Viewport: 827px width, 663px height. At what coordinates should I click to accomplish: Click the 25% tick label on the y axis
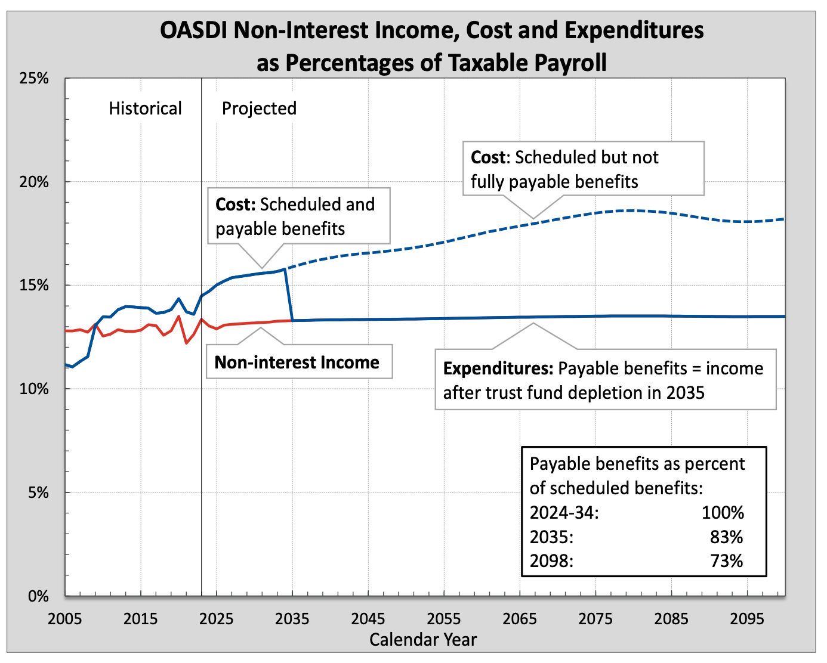pos(34,78)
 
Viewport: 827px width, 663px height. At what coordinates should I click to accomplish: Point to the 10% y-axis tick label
pos(34,389)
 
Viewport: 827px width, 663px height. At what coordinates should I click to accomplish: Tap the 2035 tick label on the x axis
pos(292,618)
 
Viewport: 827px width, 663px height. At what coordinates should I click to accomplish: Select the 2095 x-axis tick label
pos(747,618)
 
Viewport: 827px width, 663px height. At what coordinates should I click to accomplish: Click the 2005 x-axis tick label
pos(64,618)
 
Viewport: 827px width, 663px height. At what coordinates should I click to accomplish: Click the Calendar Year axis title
pos(423,640)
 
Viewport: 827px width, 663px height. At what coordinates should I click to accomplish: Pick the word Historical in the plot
pos(145,109)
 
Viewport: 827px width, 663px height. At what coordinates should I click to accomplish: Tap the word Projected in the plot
pos(259,109)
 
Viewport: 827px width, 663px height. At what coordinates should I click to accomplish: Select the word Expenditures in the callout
pos(498,368)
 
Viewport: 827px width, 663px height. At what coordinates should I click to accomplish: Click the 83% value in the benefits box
pos(726,537)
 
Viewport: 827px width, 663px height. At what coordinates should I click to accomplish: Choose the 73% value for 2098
pos(726,561)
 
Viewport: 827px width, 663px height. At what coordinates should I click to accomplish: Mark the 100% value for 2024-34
pos(723,513)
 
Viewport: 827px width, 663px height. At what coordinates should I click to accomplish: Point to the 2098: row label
pos(551,561)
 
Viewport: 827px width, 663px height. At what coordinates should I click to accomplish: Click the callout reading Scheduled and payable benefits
pos(298,216)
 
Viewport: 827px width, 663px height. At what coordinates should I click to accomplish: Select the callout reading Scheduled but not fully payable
pos(583,169)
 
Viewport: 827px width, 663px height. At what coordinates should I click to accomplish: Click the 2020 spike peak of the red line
pos(179,316)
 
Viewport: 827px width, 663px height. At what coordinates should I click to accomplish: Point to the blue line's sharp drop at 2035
pos(289,295)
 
